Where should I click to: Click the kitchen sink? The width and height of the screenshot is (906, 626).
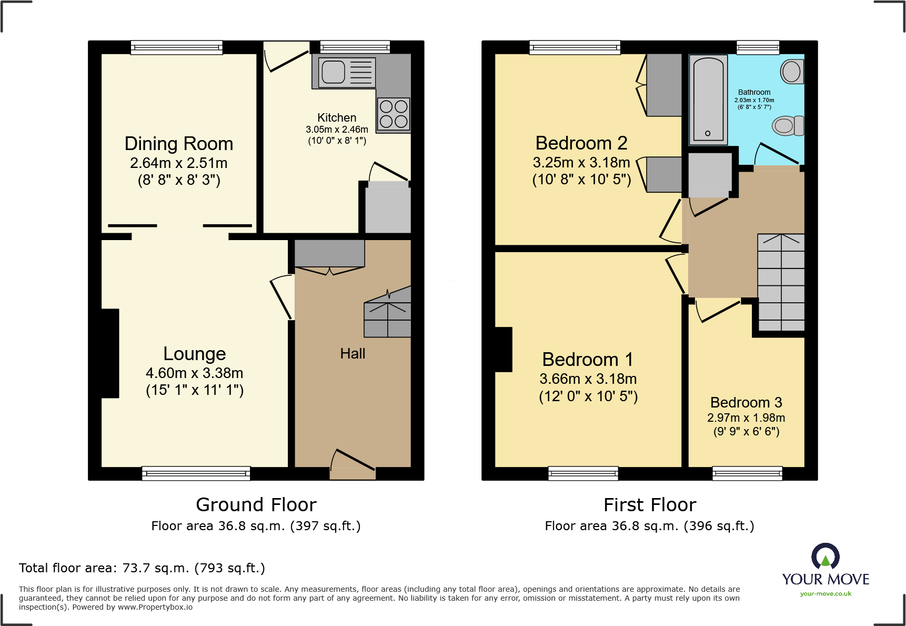(333, 72)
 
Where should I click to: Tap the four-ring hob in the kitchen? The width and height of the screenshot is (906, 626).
(394, 114)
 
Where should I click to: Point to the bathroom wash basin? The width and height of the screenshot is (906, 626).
(792, 72)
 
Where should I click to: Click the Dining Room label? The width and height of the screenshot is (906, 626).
(179, 144)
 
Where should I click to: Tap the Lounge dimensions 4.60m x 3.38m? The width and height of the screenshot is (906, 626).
(194, 373)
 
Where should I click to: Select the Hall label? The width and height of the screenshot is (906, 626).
(353, 354)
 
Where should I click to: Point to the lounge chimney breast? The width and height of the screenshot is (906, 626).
(110, 353)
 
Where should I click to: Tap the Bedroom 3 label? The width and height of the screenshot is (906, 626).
(746, 403)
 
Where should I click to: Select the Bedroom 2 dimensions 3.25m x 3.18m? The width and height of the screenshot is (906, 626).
(581, 163)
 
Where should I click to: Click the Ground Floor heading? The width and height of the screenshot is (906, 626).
(256, 505)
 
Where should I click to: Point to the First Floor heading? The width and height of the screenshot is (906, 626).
(650, 505)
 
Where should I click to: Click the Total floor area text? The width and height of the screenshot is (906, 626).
(142, 568)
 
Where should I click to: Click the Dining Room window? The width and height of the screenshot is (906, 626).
(177, 47)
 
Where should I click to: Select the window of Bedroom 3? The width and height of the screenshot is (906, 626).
(747, 473)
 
